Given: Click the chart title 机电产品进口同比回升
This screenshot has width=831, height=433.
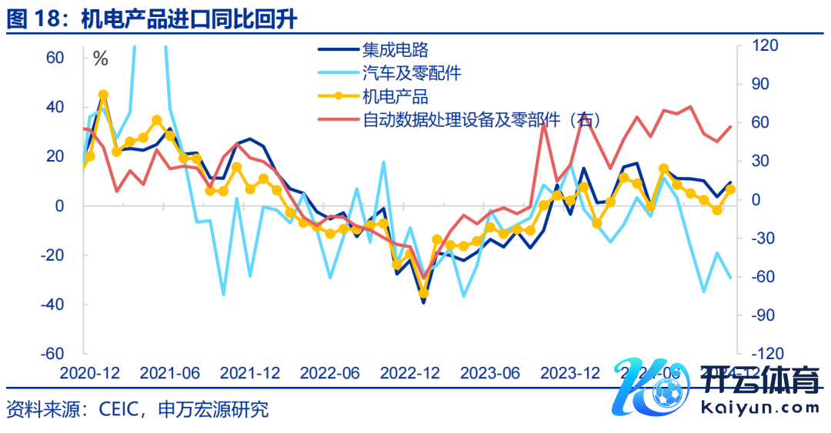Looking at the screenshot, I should click(x=189, y=18).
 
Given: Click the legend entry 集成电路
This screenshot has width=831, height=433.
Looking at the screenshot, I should click(x=395, y=51).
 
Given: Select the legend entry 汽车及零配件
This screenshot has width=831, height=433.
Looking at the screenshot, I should click(x=412, y=74).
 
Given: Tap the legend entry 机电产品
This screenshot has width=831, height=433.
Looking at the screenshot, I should click(x=395, y=97).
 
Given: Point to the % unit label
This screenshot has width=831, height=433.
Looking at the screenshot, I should click(x=100, y=58).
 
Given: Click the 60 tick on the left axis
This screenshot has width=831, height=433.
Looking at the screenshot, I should click(x=55, y=58).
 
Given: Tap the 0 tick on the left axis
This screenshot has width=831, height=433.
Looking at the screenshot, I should click(x=58, y=206).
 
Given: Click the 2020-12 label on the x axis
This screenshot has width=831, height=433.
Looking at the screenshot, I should click(x=91, y=374).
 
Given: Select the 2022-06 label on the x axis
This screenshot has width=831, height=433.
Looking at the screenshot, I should click(x=329, y=374).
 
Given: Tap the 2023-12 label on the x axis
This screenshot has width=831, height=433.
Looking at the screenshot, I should click(x=569, y=374).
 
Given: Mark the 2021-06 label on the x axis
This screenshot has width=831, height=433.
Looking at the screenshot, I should click(x=170, y=374).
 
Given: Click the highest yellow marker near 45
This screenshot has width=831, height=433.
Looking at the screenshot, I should click(x=103, y=95).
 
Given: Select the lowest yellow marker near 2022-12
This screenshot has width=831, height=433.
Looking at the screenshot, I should click(x=423, y=293).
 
